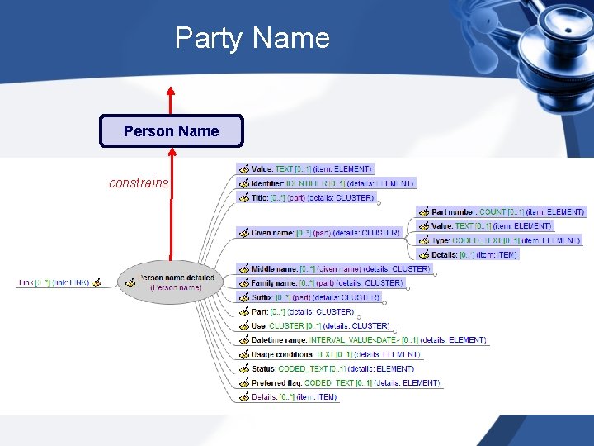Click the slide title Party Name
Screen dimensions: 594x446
point(252,38)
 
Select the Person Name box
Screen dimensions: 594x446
point(172,131)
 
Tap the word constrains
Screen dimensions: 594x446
point(139,183)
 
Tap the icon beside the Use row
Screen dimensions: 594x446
point(243,325)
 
